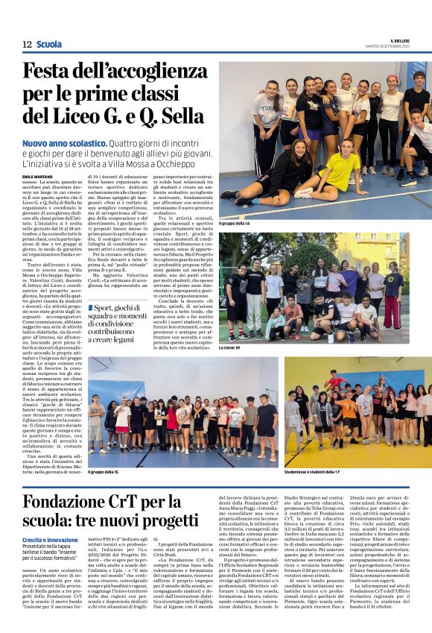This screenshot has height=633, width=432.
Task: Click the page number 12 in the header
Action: [27, 45]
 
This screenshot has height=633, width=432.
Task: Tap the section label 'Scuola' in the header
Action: [49, 45]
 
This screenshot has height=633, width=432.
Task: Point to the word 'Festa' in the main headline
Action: [52, 72]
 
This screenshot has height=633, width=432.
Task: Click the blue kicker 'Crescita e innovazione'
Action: [50, 539]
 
